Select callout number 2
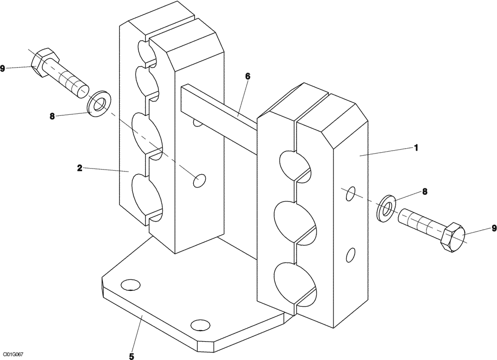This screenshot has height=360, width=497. tap(80, 168)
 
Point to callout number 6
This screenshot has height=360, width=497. tap(248, 76)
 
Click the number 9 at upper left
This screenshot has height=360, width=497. tap(3, 68)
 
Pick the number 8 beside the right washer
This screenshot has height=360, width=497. tap(424, 191)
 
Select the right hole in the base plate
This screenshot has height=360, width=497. tap(200, 325)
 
